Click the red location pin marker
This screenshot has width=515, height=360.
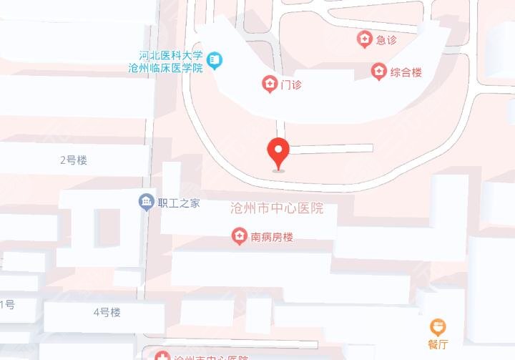(278, 152)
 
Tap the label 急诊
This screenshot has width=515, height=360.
(386, 40)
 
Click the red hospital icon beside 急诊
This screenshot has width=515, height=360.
(365, 39)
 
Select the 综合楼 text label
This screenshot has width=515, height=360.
(406, 72)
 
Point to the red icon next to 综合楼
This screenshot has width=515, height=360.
(378, 72)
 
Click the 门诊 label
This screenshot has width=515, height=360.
(291, 85)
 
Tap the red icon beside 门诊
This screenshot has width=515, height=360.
(270, 84)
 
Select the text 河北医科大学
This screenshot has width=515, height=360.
(172, 55)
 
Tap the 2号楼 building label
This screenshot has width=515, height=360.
(73, 160)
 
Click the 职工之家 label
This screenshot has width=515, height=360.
(179, 203)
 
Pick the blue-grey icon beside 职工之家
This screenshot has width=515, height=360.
(147, 203)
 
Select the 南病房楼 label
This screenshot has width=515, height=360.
(271, 236)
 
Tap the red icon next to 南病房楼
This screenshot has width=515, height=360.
(240, 236)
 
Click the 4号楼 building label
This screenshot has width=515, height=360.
(107, 312)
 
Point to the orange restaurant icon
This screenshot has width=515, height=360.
(438, 328)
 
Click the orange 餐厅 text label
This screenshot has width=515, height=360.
(438, 344)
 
